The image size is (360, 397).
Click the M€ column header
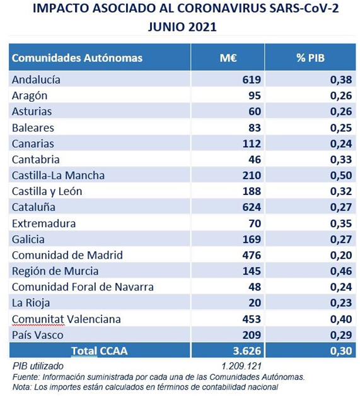point(228,57)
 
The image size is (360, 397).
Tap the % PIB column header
point(310,57)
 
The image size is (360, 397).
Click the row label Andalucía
point(36,80)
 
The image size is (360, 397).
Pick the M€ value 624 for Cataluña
point(252,207)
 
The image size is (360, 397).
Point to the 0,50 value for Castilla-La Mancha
point(341,175)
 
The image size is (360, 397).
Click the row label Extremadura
point(44,223)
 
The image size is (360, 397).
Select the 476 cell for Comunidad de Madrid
point(252,255)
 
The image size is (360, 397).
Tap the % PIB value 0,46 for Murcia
point(341,271)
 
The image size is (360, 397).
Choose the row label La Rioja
point(31,303)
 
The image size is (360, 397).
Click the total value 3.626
point(247,351)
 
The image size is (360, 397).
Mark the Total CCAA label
point(99,351)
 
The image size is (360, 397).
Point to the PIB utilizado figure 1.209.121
point(241,366)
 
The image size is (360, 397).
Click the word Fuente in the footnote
point(26,377)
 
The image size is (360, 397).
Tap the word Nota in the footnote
point(22,387)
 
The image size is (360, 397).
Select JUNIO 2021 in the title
point(182,27)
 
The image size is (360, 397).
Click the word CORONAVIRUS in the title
point(221,8)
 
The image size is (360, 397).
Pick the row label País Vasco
point(37,335)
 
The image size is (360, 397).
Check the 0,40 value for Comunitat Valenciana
point(341,319)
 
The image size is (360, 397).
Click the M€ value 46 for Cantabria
point(255,160)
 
